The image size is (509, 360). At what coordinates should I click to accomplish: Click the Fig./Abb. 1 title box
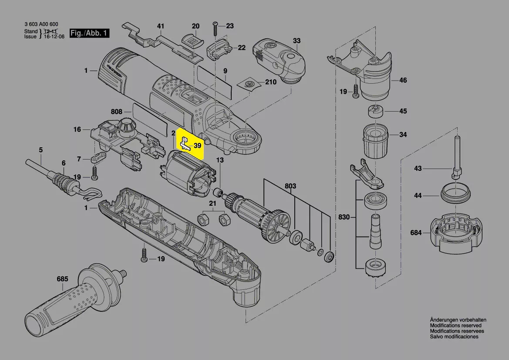coord(90,33)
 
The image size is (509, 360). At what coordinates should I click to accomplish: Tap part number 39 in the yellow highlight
coord(197,146)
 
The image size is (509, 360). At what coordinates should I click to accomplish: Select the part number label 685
coord(62,279)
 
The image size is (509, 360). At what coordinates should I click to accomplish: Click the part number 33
coord(297,41)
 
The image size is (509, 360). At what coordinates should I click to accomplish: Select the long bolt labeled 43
coord(456,156)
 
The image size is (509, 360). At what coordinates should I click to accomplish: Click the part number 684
coord(416,233)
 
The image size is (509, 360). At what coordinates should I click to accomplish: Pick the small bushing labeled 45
coord(376,112)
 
